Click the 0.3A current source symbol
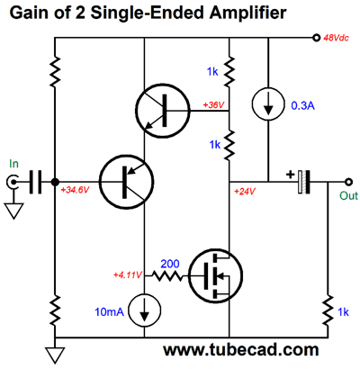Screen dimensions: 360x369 [268, 103]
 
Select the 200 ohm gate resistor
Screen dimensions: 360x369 [166, 275]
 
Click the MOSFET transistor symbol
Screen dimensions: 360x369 [215, 276]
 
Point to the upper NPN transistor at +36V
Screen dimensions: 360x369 [163, 111]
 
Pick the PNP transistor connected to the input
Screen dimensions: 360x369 [126, 182]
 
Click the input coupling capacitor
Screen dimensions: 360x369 [36, 182]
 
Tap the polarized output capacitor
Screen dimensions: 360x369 [303, 182]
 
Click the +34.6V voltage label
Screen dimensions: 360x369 [75, 190]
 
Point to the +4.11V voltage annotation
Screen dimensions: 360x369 [128, 274]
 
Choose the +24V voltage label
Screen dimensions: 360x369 [245, 191]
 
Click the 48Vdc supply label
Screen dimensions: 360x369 [336, 38]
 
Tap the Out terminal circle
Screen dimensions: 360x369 [348, 182]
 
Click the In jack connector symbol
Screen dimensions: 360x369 [13, 182]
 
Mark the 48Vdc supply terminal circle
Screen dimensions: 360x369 [316, 38]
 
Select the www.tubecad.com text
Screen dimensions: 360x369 [240, 350]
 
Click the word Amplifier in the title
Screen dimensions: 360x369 [247, 13]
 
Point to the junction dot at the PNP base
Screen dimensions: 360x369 [55, 182]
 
